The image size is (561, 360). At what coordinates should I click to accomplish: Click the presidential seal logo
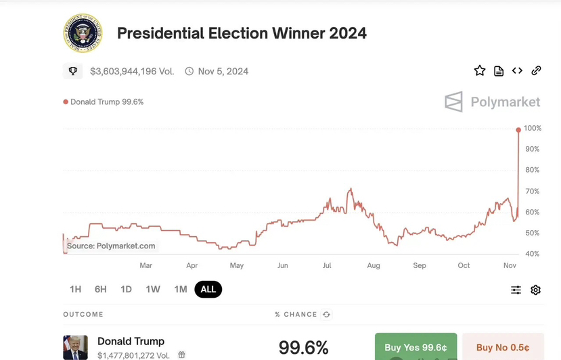pos(83,32)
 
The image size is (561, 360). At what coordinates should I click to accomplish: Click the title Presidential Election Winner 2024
pos(242,33)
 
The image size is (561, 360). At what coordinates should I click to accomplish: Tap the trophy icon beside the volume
pos(73,71)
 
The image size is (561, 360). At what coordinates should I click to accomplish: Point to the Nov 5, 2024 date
pos(223,71)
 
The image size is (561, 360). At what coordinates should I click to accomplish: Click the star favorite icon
pos(480,71)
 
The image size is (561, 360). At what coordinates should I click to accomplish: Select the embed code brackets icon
pos(517,71)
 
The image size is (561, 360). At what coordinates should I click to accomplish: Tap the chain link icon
pos(536,71)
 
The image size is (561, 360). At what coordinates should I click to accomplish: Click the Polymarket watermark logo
pos(492,102)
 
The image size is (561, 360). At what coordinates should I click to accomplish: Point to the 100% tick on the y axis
pos(532,129)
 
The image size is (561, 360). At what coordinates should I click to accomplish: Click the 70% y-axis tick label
pos(532,192)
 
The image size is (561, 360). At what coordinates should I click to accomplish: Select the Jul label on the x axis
pos(327,266)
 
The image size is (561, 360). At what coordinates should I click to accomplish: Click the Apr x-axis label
pos(192,266)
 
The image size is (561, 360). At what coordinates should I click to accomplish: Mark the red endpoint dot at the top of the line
pos(518,130)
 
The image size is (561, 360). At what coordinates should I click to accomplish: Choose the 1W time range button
pos(153,290)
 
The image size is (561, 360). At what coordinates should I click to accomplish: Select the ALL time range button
pos(208,290)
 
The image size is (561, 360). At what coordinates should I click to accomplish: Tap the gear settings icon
pos(535,290)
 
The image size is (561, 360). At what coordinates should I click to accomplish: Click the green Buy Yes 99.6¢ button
pos(416,347)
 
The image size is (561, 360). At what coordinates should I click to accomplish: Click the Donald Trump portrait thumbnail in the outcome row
pos(75,347)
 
